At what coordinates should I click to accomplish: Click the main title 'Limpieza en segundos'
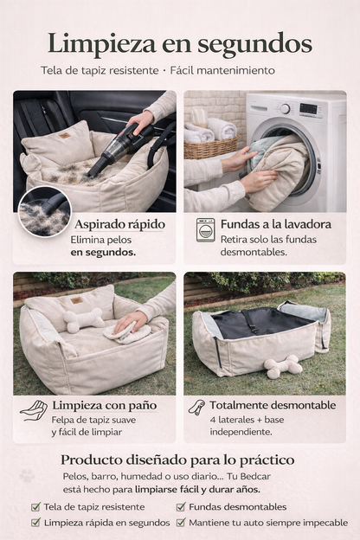tap(180, 42)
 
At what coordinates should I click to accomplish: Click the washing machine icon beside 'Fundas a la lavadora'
tap(205, 229)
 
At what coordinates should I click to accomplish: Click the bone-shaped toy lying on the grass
tap(285, 366)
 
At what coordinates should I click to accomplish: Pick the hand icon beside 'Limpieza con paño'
tap(34, 410)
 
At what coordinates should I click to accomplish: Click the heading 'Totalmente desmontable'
tap(272, 405)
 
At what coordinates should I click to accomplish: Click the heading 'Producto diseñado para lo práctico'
tap(177, 460)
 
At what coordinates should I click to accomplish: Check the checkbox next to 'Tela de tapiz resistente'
tap(35, 507)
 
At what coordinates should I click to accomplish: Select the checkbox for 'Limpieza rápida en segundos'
tap(35, 523)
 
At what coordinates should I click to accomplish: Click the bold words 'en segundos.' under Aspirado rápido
tap(103, 252)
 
